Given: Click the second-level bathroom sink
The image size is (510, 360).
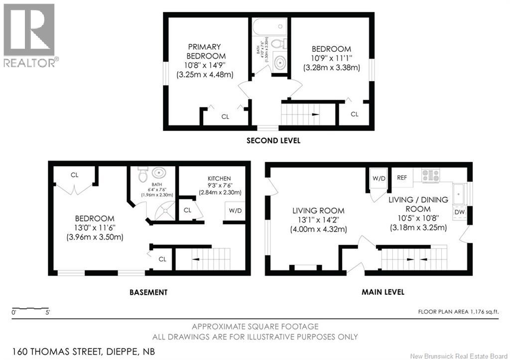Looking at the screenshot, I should coord(280,63).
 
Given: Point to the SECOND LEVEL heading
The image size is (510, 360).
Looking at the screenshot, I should coord(273,140).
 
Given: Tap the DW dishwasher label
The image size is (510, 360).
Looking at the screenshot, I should coord(460,213).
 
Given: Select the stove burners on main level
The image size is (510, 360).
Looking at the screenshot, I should coord(431,175).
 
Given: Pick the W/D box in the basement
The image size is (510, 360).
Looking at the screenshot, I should coord(235,211).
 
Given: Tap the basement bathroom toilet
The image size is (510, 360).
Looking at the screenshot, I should coord(142,175).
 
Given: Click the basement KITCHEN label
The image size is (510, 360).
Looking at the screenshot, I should coord(220,178).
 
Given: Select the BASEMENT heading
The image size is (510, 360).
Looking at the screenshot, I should coord(148,292).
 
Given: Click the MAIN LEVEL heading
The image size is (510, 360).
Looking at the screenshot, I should coord(382,292).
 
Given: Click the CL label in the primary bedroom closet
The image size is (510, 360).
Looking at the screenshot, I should coord(225,117).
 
